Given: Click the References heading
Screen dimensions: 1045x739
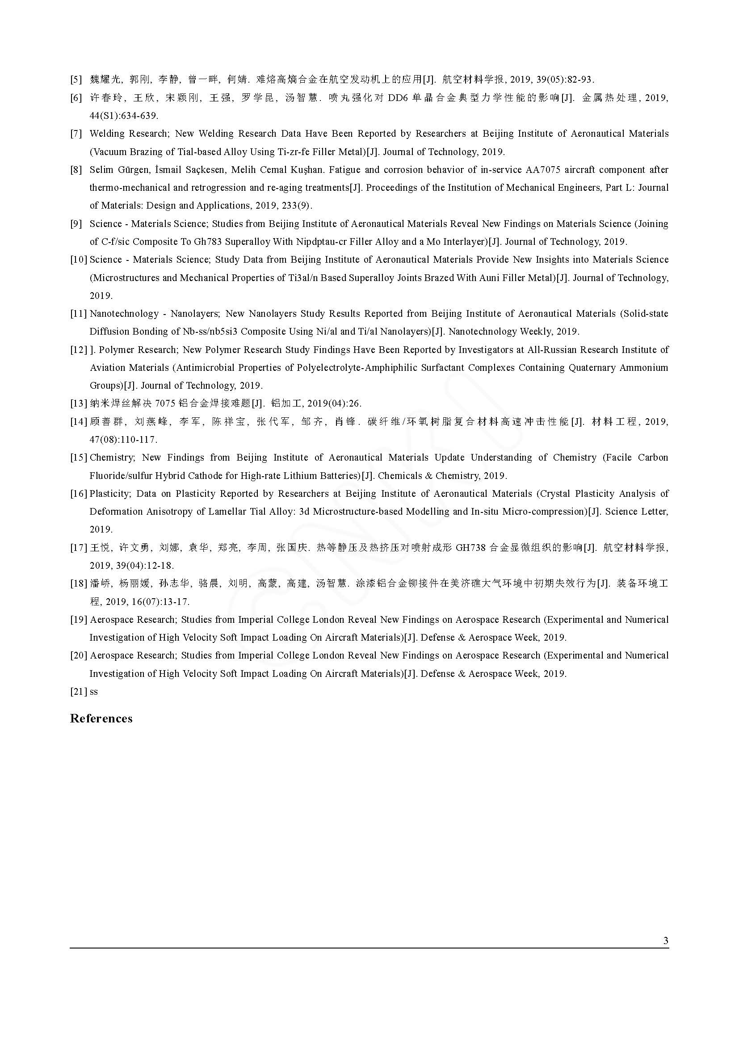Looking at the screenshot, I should (101, 718).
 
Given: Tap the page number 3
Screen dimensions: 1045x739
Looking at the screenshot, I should (666, 941).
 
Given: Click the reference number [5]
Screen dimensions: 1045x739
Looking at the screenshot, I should (76, 80).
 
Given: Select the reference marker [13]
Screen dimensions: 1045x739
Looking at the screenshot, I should (78, 403).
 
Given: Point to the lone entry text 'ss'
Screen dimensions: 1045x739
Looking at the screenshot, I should (94, 691).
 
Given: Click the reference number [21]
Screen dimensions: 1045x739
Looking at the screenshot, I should (78, 691).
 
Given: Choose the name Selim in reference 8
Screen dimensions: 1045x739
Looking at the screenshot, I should (101, 170).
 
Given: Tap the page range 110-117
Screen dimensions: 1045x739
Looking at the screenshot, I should (139, 440).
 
